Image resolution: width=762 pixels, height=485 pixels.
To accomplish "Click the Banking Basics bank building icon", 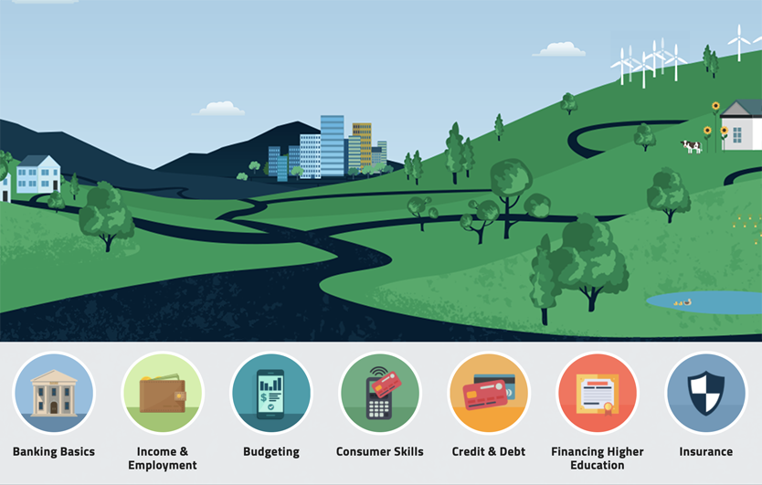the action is pyautogui.click(x=54, y=393).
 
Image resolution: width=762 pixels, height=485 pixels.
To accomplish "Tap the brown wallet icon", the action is pyautogui.click(x=163, y=393).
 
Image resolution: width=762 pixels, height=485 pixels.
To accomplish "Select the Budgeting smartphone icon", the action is pyautogui.click(x=271, y=393).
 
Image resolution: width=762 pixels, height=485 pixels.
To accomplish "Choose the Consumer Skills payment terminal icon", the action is pyautogui.click(x=380, y=393).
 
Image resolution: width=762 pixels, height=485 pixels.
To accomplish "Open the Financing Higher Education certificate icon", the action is pyautogui.click(x=598, y=393).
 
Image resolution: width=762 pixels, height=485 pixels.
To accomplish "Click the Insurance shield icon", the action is pyautogui.click(x=706, y=393).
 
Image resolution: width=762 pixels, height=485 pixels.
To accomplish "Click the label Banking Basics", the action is pyautogui.click(x=54, y=452).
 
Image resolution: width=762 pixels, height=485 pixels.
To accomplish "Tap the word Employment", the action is pyautogui.click(x=163, y=466).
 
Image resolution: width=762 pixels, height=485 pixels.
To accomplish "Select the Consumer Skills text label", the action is pyautogui.click(x=379, y=452).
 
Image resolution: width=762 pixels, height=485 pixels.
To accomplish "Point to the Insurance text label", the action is pyautogui.click(x=706, y=452).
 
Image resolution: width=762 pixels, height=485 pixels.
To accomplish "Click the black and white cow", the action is pyautogui.click(x=692, y=146).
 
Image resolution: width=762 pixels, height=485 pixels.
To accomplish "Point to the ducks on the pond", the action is pyautogui.click(x=683, y=302).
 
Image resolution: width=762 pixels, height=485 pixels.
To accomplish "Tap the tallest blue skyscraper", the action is pyautogui.click(x=333, y=146).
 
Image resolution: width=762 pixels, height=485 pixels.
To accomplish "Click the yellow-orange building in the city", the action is pyautogui.click(x=362, y=144).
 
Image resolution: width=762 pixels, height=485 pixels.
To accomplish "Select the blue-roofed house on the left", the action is pyautogui.click(x=38, y=174).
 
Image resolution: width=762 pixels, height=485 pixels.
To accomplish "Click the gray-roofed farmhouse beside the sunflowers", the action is pyautogui.click(x=741, y=125).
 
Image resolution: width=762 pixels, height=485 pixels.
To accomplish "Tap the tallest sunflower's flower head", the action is pyautogui.click(x=715, y=106).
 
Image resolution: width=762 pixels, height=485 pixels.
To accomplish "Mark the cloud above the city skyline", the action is pyautogui.click(x=218, y=109).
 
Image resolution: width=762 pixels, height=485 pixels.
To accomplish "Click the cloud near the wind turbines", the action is pyautogui.click(x=559, y=49).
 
